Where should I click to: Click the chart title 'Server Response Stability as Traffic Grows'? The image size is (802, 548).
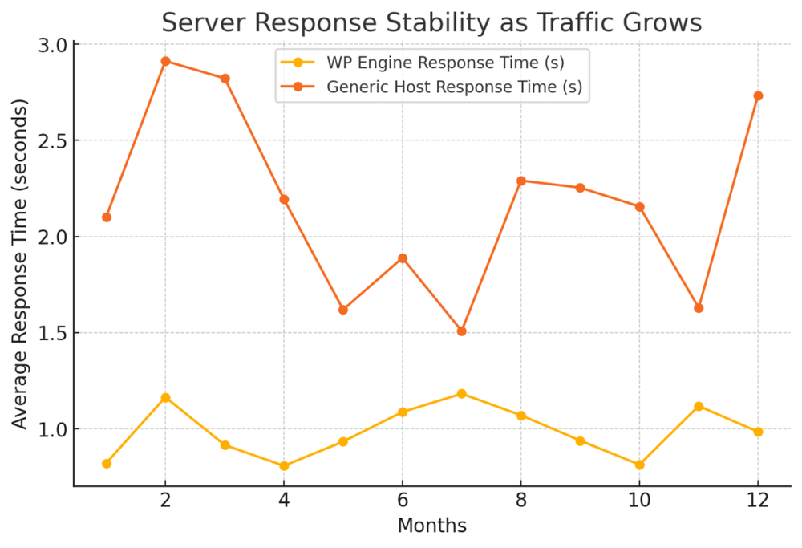tap(432, 22)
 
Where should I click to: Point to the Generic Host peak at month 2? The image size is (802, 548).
tap(165, 61)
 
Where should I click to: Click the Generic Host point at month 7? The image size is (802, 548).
tap(461, 331)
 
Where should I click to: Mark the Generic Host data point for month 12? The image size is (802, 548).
tap(758, 96)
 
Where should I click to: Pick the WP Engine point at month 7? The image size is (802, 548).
tap(461, 393)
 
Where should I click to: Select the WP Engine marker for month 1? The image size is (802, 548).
tap(107, 463)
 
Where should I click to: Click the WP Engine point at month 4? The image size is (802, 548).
tap(284, 465)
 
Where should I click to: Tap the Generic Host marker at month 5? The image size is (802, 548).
tap(343, 310)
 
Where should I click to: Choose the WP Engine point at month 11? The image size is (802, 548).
tap(699, 406)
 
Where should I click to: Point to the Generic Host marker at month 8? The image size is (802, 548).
tap(520, 181)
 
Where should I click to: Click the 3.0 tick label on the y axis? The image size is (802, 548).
tap(53, 45)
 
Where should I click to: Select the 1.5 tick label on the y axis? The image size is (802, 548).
tap(53, 333)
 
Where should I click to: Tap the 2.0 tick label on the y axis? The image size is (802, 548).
tap(53, 237)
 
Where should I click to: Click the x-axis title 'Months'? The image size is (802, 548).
tap(432, 526)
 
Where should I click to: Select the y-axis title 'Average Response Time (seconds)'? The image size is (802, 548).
tap(20, 264)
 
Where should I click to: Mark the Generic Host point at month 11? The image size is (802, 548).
tap(699, 308)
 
